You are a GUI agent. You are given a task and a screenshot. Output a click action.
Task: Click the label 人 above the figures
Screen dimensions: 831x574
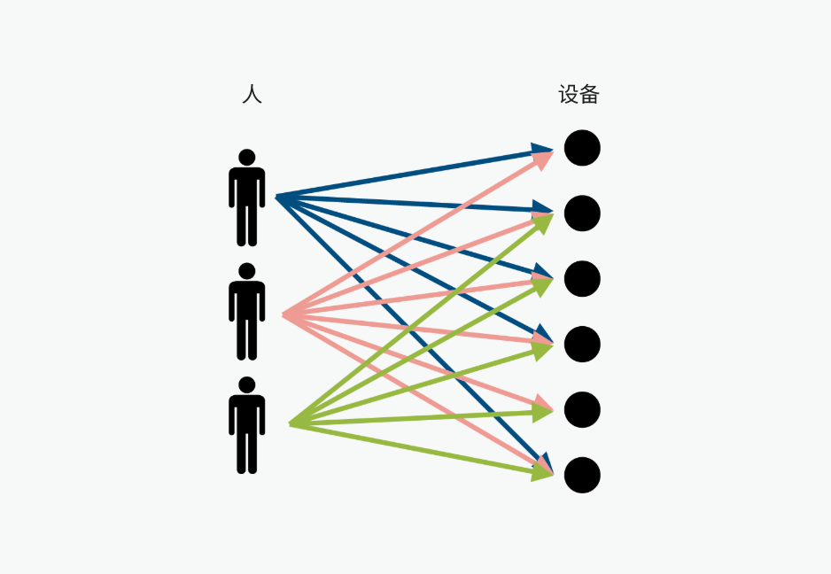tap(252, 95)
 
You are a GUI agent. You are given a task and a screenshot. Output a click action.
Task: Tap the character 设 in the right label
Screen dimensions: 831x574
tap(568, 95)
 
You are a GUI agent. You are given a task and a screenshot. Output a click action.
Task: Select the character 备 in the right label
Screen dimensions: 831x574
tap(589, 95)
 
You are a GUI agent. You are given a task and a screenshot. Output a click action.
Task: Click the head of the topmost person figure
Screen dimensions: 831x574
tap(247, 158)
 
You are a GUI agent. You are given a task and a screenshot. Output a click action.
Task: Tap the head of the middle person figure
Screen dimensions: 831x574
tap(247, 271)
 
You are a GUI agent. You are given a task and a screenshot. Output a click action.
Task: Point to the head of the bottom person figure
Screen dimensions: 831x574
tap(247, 385)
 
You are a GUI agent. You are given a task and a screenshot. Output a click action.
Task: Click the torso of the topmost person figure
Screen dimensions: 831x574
tap(247, 187)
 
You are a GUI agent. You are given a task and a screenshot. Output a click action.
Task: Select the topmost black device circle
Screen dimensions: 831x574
tap(582, 148)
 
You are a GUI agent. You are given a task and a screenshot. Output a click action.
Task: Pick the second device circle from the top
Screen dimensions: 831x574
tap(582, 213)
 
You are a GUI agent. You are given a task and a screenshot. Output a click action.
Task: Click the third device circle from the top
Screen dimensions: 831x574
tap(582, 279)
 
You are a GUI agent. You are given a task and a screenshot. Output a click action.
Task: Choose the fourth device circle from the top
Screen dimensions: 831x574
tap(582, 345)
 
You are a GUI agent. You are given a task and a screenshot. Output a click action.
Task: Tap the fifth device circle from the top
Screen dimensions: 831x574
tap(582, 410)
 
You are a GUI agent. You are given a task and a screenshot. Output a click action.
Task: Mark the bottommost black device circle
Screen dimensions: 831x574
tap(582, 476)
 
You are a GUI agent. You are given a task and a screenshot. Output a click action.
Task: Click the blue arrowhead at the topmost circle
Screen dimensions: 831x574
tap(541, 150)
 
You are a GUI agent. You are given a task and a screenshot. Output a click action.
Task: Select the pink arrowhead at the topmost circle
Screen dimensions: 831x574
tap(543, 159)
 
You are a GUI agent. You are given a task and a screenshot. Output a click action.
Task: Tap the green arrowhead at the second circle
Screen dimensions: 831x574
tap(543, 222)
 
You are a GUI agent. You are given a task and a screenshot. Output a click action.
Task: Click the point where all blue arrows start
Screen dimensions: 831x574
tap(276, 198)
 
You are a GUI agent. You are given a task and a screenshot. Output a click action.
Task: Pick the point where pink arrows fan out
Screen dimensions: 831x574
tap(283, 315)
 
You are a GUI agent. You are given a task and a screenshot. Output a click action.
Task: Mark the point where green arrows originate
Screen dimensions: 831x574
tap(290, 424)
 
